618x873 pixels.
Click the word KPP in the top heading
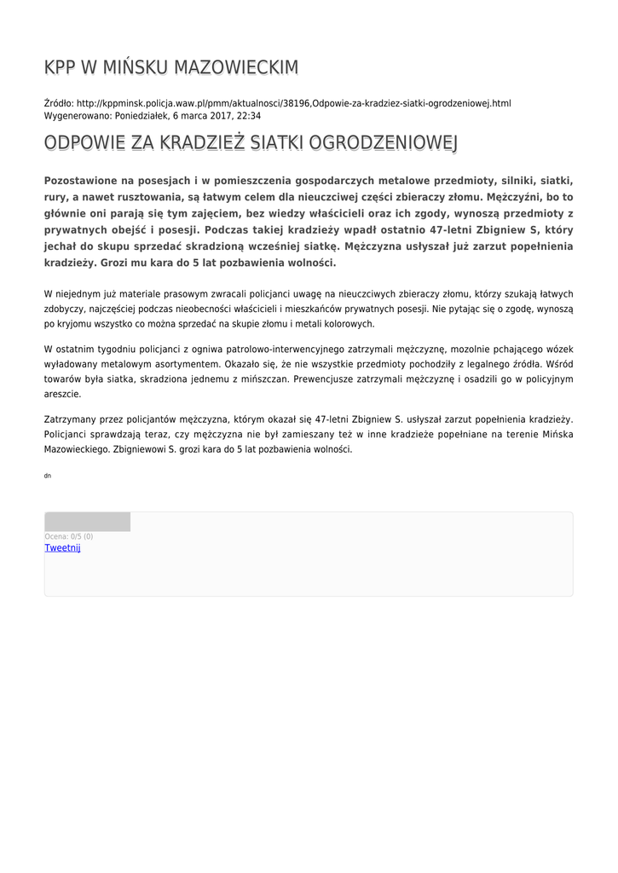click(61, 68)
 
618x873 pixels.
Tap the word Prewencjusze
click(332, 379)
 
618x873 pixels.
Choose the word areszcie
click(62, 394)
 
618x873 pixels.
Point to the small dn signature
click(48, 476)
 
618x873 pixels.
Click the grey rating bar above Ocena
click(87, 522)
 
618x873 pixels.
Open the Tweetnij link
click(62, 548)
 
